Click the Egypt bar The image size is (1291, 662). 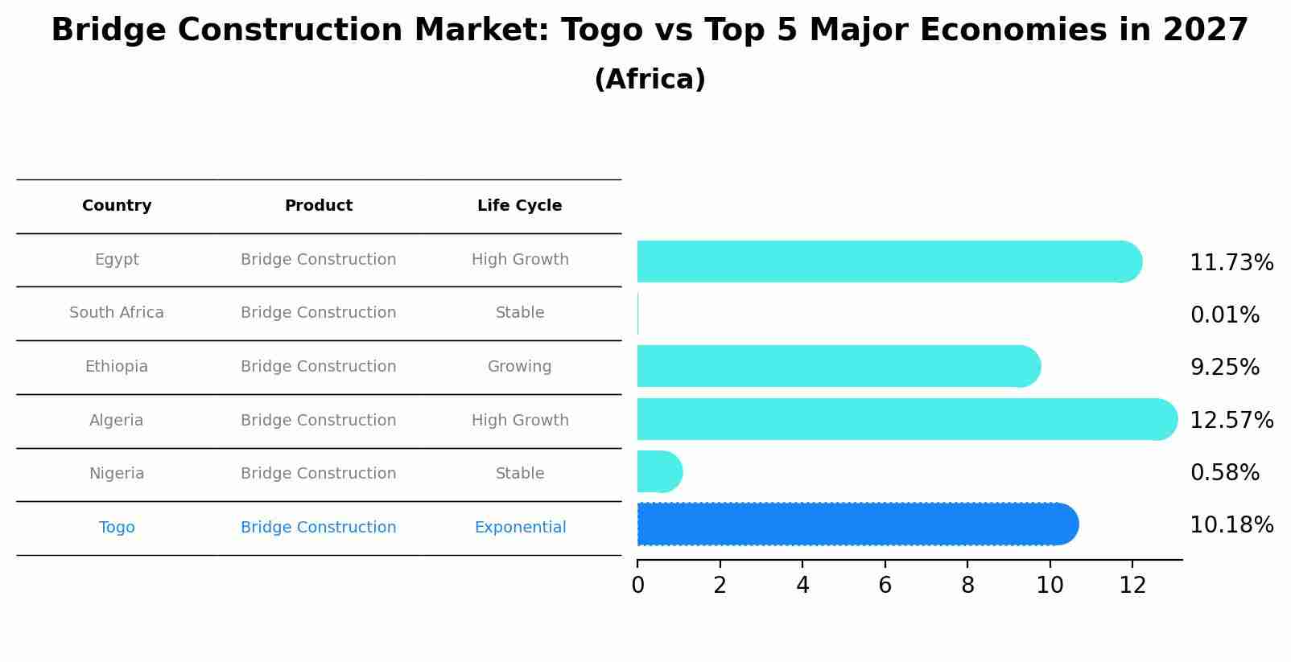pyautogui.click(x=885, y=261)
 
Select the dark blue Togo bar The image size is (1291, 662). pyautogui.click(x=853, y=524)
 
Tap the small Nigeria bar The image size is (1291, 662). pyautogui.click(x=659, y=471)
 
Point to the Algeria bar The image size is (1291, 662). pyautogui.click(x=901, y=419)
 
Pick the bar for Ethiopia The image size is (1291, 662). pyautogui.click(x=837, y=366)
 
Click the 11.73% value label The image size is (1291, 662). pyautogui.click(x=1231, y=263)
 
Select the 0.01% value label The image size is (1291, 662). pyautogui.click(x=1224, y=315)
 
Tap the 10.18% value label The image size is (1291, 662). pyautogui.click(x=1231, y=525)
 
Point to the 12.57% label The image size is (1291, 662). pyautogui.click(x=1231, y=421)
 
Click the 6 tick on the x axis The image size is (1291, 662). pyautogui.click(x=885, y=586)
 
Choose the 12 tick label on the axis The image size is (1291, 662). pyautogui.click(x=1132, y=586)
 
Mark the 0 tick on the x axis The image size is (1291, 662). pyautogui.click(x=637, y=586)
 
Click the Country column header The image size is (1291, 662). pyautogui.click(x=117, y=206)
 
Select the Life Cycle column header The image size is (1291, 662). pyautogui.click(x=519, y=206)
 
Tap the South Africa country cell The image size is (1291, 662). pyautogui.click(x=117, y=313)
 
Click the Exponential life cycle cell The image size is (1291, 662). pyautogui.click(x=520, y=528)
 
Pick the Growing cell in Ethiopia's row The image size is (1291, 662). pyautogui.click(x=519, y=367)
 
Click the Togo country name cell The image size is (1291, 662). pyautogui.click(x=117, y=528)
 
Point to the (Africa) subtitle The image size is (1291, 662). pyautogui.click(x=650, y=80)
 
